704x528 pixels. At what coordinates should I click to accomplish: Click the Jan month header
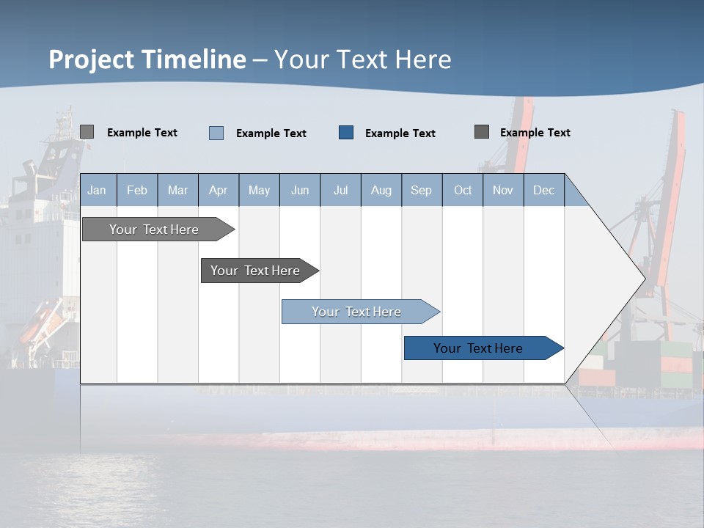point(98,190)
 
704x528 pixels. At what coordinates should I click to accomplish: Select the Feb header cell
point(137,190)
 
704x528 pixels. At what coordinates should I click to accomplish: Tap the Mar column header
point(177,190)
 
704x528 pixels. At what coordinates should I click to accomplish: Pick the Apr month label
point(219,190)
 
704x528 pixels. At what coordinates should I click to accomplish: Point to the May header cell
point(259,190)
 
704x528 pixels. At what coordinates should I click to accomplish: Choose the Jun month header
point(300,190)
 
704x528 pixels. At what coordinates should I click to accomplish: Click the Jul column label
point(340,190)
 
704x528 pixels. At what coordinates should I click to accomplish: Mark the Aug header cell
point(381,190)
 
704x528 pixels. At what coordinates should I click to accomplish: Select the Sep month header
point(422,190)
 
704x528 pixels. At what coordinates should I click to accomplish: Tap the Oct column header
point(463,190)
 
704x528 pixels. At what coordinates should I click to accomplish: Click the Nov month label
point(503,190)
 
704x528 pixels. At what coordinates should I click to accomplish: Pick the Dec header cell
point(544,190)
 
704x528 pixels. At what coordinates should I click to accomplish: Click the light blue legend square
point(216,133)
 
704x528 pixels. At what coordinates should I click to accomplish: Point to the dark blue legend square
point(346,133)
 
